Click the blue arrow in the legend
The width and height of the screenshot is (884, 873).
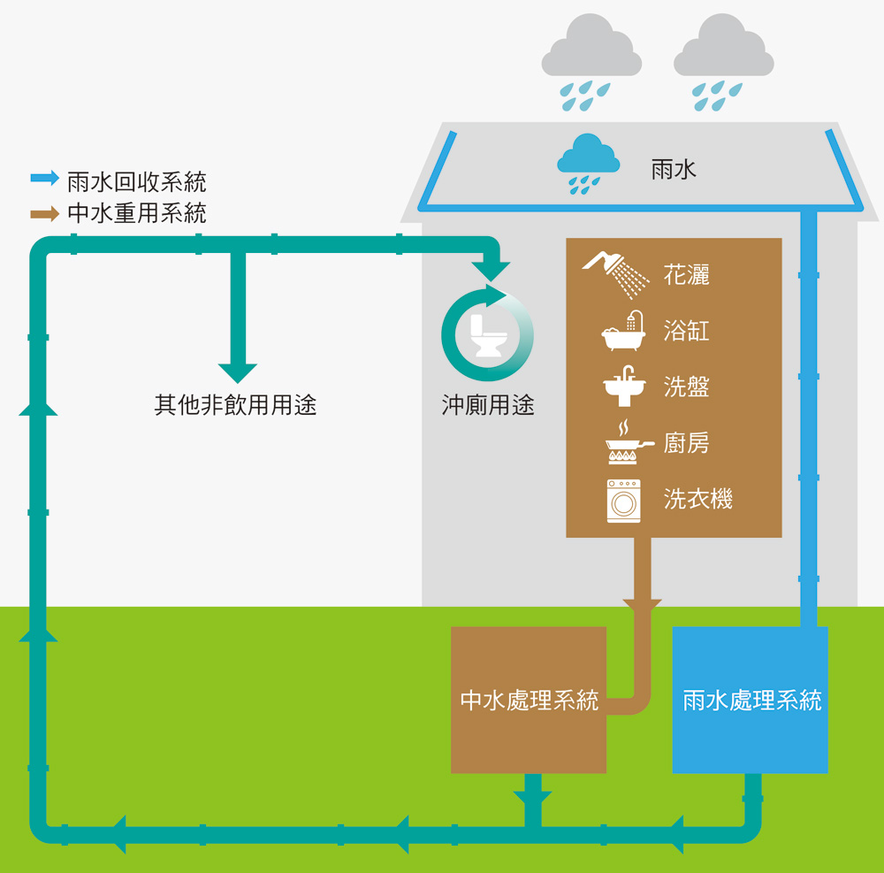pyautogui.click(x=44, y=178)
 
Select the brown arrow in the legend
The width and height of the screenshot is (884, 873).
pyautogui.click(x=44, y=214)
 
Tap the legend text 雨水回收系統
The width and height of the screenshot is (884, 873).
pyautogui.click(x=137, y=182)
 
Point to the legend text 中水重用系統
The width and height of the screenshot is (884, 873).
pyautogui.click(x=137, y=214)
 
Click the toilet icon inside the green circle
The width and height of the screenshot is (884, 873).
pyautogui.click(x=488, y=334)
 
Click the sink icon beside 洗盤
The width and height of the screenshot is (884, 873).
pyautogui.click(x=624, y=386)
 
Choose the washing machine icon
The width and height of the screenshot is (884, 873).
pyautogui.click(x=623, y=501)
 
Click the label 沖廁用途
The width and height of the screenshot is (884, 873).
pyautogui.click(x=488, y=406)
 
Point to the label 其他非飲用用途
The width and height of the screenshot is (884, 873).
pyautogui.click(x=235, y=406)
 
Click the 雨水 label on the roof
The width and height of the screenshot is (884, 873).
pyautogui.click(x=674, y=170)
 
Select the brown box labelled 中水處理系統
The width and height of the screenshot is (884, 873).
pyautogui.click(x=529, y=700)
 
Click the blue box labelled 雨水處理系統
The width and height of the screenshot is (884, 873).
pyautogui.click(x=751, y=700)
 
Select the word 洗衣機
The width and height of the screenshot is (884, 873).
pyautogui.click(x=698, y=500)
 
